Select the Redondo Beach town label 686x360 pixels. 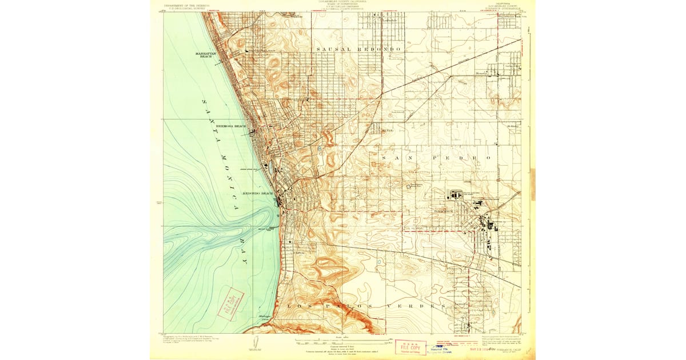[x=258, y=193]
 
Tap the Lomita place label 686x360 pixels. [x=461, y=303]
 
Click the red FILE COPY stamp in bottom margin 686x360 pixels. [x=410, y=347]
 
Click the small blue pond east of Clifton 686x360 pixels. [x=319, y=150]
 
